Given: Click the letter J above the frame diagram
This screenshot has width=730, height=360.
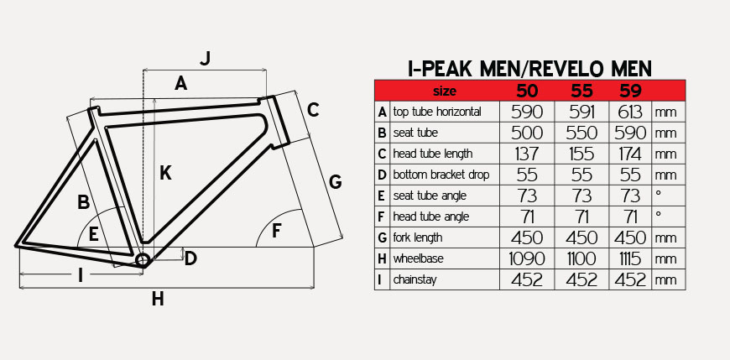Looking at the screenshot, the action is click(206, 58).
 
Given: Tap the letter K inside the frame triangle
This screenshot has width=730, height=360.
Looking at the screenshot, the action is click(165, 173).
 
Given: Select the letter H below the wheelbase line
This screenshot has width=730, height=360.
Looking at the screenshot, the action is click(158, 299).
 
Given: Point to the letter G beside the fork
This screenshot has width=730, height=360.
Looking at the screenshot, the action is click(335, 182).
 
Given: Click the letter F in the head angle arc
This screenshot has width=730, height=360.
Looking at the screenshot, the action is click(277, 231).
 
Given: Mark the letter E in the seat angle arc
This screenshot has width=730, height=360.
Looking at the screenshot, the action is click(94, 234).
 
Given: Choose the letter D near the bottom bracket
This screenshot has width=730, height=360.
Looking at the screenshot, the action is click(190, 259).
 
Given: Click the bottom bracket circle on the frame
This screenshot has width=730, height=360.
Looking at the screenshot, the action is click(143, 261).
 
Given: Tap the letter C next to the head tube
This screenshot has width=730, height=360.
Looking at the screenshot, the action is click(313, 111).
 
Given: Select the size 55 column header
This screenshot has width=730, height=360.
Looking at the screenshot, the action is click(581, 91).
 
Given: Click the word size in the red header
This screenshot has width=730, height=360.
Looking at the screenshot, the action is click(445, 91).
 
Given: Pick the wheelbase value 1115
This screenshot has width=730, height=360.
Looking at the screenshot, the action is click(629, 258).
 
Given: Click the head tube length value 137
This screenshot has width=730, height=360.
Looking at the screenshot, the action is click(527, 154).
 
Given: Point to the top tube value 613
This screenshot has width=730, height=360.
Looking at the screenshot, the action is click(630, 112).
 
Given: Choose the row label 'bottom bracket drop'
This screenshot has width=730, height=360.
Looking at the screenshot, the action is click(441, 175).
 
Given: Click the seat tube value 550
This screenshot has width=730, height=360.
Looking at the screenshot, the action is click(581, 133).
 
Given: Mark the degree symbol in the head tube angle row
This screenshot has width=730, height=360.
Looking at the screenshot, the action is click(659, 213).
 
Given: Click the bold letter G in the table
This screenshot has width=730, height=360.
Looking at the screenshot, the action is click(383, 238).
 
